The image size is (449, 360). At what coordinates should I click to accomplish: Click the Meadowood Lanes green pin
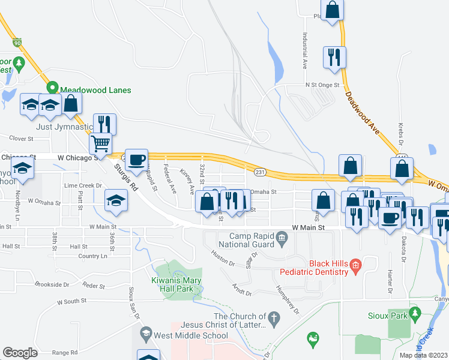click(53, 88)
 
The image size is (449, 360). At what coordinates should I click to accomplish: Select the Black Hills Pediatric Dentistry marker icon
click(355, 264)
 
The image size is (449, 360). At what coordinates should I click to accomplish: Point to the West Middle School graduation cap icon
click(145, 332)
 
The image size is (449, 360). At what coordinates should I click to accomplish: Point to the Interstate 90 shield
click(17, 43)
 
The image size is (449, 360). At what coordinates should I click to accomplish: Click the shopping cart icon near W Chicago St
click(101, 143)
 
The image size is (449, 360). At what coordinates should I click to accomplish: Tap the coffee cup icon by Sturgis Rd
click(137, 159)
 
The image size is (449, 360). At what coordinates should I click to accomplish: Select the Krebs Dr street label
click(400, 134)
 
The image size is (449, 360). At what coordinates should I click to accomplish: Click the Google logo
click(20, 353)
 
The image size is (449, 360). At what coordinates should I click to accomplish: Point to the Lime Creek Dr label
click(83, 185)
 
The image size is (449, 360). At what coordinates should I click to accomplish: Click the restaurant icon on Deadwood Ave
click(334, 57)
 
